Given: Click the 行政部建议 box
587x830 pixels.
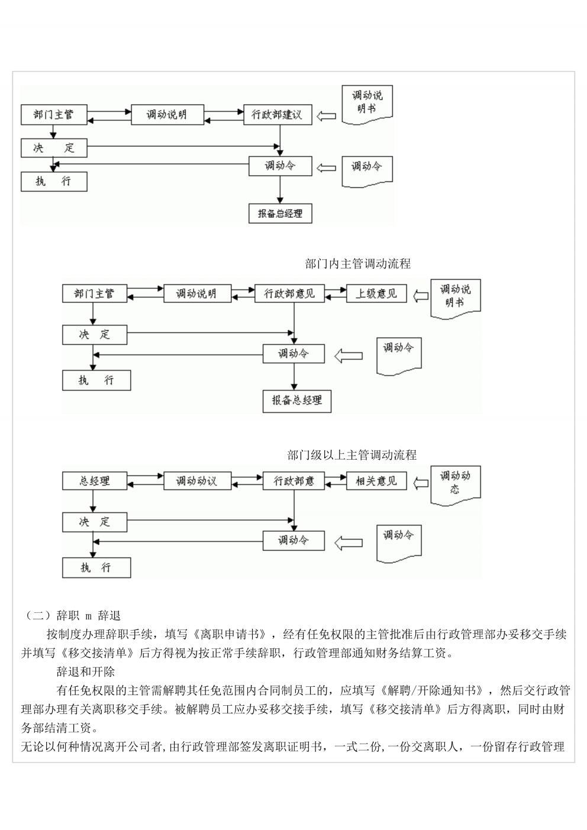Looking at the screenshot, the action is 278,115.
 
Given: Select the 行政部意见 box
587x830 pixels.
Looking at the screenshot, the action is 289,293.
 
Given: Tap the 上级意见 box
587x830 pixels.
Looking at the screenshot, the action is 376,293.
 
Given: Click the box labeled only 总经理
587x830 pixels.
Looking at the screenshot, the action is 95,480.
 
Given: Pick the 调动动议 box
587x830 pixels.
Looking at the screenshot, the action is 197,480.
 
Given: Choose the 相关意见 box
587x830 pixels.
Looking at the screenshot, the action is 376,480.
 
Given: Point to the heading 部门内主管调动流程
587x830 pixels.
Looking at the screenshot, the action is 357,264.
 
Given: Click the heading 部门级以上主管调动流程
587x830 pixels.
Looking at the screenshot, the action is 351,455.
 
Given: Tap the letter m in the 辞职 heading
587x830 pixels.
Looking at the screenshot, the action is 88,616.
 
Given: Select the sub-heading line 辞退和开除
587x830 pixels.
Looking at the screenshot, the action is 86,671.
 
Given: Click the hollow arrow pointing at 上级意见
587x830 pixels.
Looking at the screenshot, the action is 421,296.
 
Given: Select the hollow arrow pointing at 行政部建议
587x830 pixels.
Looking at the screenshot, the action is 326,116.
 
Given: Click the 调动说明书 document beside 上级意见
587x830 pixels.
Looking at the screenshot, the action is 456,299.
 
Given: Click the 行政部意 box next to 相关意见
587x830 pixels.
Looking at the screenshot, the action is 293,480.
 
